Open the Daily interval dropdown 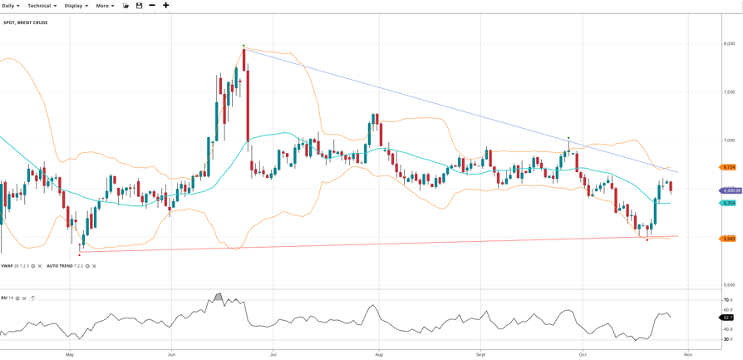point(10,6)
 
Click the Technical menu point(42,6)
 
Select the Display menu point(76,6)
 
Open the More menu point(105,6)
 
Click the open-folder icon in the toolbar point(126,6)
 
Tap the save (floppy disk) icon point(139,6)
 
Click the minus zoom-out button point(152,6)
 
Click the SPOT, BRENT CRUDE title point(26,22)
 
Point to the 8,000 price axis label point(729,44)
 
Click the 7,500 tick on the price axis point(729,92)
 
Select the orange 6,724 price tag point(729,167)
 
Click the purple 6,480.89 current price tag point(731,190)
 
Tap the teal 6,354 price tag point(729,203)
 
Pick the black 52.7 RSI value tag point(728,318)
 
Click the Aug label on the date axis point(378,354)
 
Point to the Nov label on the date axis point(688,354)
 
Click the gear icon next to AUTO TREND point(87,266)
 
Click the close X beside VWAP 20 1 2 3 point(40,266)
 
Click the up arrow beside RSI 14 point(32,298)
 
